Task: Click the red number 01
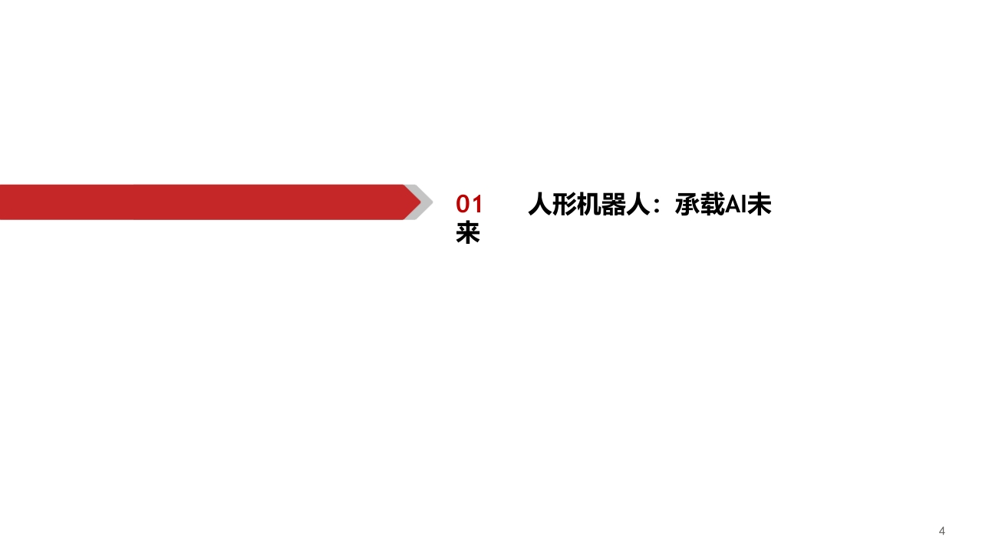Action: click(x=469, y=204)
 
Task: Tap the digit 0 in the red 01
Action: click(x=463, y=204)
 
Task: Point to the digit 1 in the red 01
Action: click(x=477, y=204)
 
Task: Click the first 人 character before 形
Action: click(x=540, y=204)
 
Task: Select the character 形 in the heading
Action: click(x=565, y=204)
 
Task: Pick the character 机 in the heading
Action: click(x=589, y=204)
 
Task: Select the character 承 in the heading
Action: click(x=687, y=204)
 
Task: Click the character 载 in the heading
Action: click(x=711, y=204)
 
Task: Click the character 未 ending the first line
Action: click(x=760, y=204)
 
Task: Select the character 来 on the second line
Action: click(x=468, y=232)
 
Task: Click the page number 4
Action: click(x=941, y=531)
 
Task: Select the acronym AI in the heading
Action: click(x=735, y=205)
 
